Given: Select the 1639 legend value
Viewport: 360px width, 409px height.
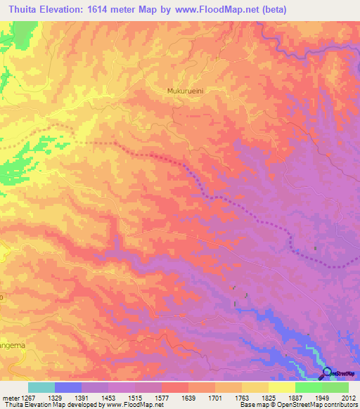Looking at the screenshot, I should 190,396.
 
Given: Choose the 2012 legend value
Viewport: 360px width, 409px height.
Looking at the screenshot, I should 347,396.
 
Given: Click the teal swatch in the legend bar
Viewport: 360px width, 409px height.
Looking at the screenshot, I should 41,387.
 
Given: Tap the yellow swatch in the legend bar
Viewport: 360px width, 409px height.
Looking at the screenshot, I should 281,387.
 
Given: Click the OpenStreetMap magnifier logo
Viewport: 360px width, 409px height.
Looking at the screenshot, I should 326,372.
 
